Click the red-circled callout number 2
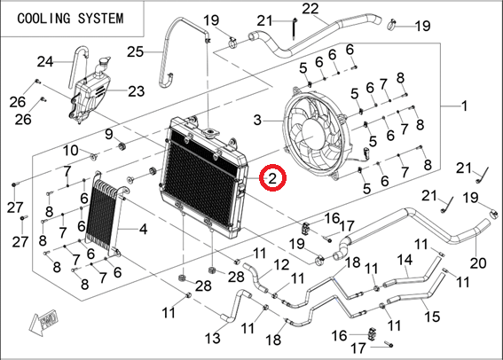(272, 178)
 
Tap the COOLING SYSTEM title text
(70, 19)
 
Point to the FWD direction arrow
(44, 321)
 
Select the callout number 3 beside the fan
(258, 121)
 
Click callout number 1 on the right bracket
(464, 106)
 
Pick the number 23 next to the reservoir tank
(137, 91)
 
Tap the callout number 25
(135, 51)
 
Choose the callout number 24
(45, 61)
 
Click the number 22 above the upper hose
(310, 9)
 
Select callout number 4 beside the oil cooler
(143, 229)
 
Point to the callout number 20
(478, 263)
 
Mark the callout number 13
(213, 338)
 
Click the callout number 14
(405, 260)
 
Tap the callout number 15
(432, 317)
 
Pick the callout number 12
(281, 265)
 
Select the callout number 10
(71, 150)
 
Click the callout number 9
(109, 134)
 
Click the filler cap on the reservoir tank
(104, 61)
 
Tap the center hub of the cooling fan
(312, 133)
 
